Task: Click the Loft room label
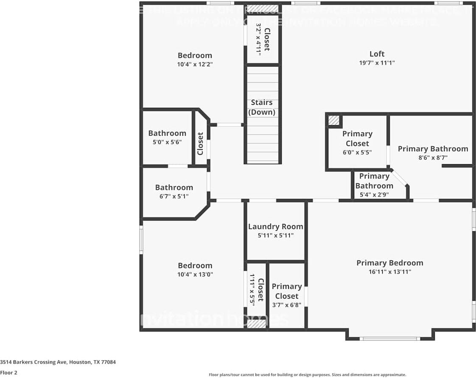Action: click(x=377, y=54)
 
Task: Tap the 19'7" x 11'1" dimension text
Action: click(x=377, y=63)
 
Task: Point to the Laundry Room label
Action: click(x=275, y=227)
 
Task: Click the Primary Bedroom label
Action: click(x=389, y=263)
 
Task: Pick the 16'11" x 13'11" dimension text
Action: click(x=389, y=272)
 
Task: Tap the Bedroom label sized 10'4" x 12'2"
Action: click(x=195, y=56)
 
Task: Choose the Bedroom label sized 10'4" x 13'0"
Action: click(x=195, y=266)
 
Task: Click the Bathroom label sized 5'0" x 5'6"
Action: click(x=167, y=133)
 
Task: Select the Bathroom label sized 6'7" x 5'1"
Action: click(x=174, y=188)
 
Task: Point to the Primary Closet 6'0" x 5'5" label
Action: click(x=357, y=139)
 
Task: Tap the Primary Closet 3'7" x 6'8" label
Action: click(x=287, y=291)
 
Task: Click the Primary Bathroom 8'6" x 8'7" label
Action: click(x=433, y=149)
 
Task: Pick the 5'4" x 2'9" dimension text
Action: click(x=374, y=195)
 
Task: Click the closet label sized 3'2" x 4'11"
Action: click(x=267, y=39)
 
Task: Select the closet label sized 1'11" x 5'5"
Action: click(x=260, y=290)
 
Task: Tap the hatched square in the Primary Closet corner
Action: click(x=334, y=120)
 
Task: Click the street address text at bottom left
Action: click(x=58, y=362)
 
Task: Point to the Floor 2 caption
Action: click(x=9, y=373)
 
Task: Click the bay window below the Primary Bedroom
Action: click(x=389, y=338)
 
